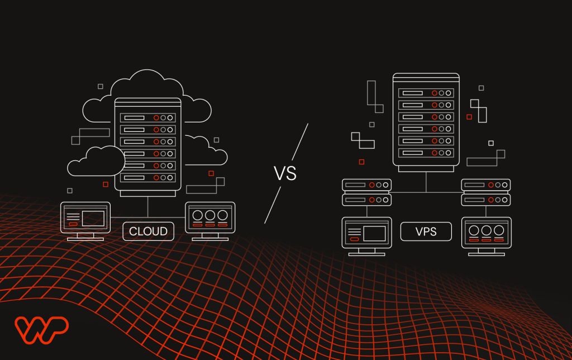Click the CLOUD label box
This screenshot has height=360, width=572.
[148, 231]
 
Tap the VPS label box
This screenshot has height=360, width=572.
[426, 231]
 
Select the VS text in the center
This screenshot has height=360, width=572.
[285, 173]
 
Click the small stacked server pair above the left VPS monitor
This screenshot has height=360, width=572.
[367, 192]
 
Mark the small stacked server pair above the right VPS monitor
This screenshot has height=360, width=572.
[486, 192]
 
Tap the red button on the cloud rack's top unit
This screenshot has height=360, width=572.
[156, 118]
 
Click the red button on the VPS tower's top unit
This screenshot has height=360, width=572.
[433, 93]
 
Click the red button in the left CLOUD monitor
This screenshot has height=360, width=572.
[73, 224]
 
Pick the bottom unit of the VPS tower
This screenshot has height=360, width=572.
[426, 153]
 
